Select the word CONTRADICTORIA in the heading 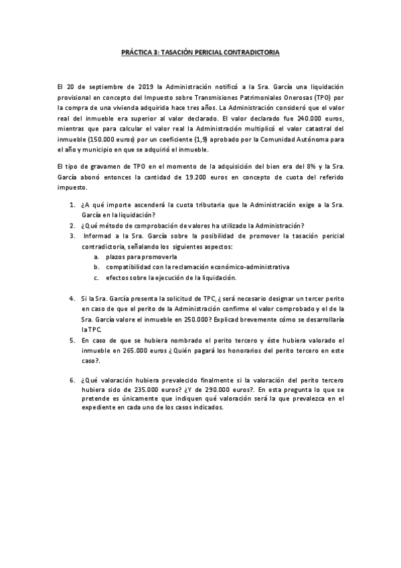[x=252, y=51]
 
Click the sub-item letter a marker [x=96, y=257]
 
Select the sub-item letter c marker [x=96, y=277]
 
